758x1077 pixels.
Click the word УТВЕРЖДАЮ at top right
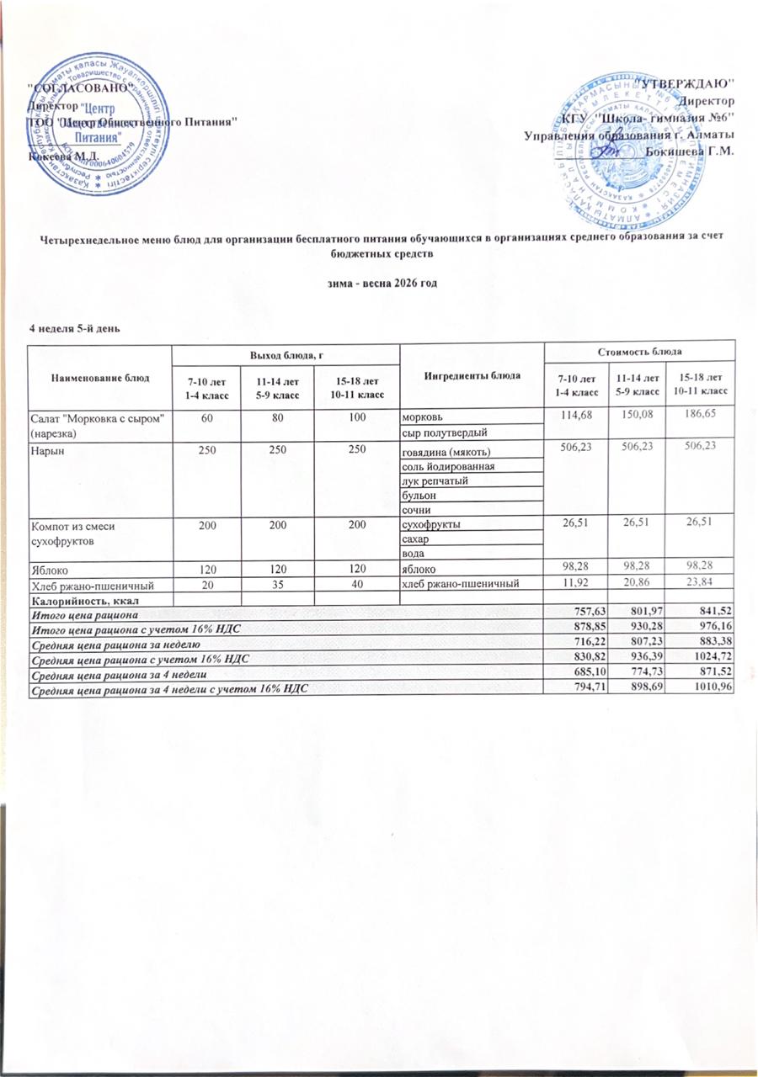tap(690, 84)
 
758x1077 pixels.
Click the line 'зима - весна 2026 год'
tap(379, 283)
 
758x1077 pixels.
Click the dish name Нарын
tap(47, 452)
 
